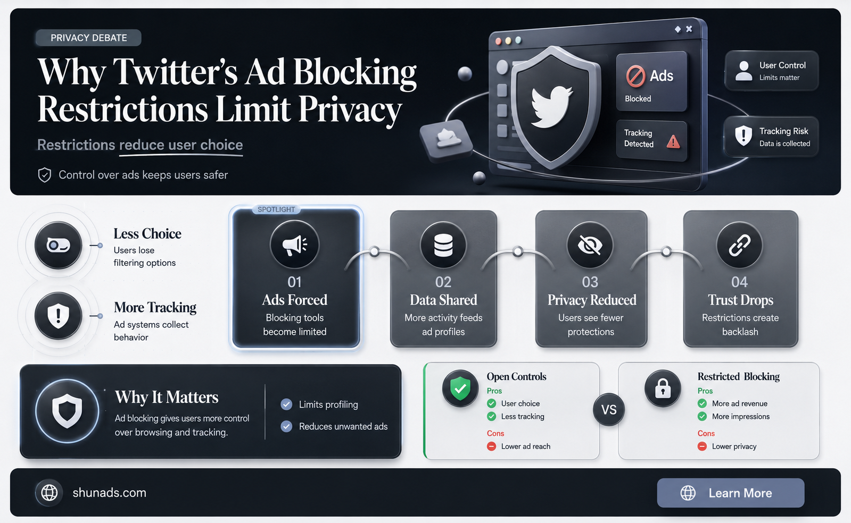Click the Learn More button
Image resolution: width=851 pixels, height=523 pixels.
pyautogui.click(x=730, y=493)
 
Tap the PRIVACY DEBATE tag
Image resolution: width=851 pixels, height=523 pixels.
pyautogui.click(x=88, y=38)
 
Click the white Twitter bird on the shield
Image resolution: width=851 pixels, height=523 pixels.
pyautogui.click(x=551, y=106)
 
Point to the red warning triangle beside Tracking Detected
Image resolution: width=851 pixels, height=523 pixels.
pyautogui.click(x=673, y=141)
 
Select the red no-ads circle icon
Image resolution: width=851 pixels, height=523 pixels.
pyautogui.click(x=635, y=75)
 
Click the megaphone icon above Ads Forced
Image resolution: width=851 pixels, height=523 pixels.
pyautogui.click(x=294, y=245)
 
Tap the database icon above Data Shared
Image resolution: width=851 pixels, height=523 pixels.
pyautogui.click(x=443, y=245)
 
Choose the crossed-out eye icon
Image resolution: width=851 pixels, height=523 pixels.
pyautogui.click(x=590, y=245)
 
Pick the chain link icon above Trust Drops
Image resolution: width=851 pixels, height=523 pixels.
pyautogui.click(x=739, y=245)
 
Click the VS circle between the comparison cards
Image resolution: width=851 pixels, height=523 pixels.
pyautogui.click(x=609, y=410)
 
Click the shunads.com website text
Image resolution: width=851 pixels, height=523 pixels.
pyautogui.click(x=110, y=493)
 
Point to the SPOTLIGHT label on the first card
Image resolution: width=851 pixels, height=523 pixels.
pyautogui.click(x=276, y=209)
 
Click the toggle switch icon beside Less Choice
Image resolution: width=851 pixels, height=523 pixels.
pyautogui.click(x=58, y=246)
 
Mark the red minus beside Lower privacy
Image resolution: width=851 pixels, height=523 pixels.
pyautogui.click(x=702, y=446)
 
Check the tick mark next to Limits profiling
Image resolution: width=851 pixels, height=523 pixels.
pyautogui.click(x=286, y=404)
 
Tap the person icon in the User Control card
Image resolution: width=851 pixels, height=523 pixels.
pyautogui.click(x=743, y=71)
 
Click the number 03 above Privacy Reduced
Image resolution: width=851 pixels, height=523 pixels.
pyautogui.click(x=590, y=282)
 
